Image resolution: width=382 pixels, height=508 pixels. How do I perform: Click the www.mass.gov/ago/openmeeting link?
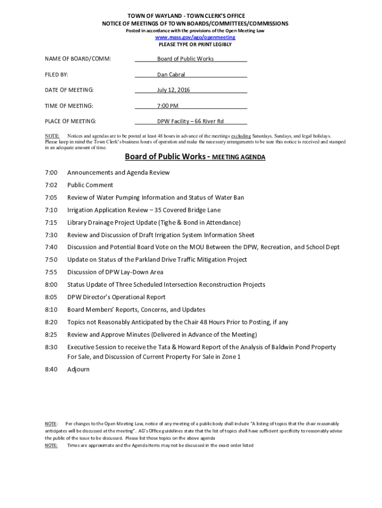pos(195,38)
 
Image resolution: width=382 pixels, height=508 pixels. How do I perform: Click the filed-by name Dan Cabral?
pos(171,75)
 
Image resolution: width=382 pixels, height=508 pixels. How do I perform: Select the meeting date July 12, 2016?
pos(174,90)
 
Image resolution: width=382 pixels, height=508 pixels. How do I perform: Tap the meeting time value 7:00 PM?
pos(168,106)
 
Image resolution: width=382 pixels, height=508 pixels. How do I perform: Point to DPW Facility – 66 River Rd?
pos(191,122)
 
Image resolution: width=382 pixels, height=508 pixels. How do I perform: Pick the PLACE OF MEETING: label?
pos(70,122)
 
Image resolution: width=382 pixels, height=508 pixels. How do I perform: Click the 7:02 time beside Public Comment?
pos(51,185)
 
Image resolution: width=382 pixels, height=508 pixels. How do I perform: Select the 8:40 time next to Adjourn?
pos(51,370)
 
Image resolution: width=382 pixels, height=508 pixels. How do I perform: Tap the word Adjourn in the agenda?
pos(78,370)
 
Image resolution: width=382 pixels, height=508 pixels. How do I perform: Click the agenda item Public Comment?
pos(90,185)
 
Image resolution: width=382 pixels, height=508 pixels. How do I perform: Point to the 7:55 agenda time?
pos(51,272)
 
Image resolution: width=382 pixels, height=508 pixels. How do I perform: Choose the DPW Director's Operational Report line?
pos(117,297)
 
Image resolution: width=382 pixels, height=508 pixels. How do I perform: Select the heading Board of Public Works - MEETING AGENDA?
pos(195,157)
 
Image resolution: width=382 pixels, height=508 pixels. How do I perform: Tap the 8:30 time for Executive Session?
pos(51,347)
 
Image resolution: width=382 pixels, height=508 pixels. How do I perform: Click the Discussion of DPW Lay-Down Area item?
pos(115,272)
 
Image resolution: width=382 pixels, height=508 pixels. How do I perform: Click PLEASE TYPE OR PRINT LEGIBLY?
pos(195,45)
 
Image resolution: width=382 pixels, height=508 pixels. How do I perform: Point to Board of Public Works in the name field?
pos(186,59)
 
